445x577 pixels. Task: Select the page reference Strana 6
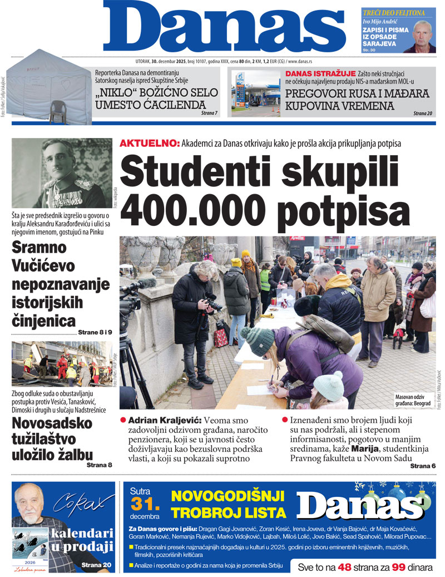point(423,465)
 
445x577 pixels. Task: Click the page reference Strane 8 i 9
point(95,332)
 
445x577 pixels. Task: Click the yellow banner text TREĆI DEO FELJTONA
point(394,12)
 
